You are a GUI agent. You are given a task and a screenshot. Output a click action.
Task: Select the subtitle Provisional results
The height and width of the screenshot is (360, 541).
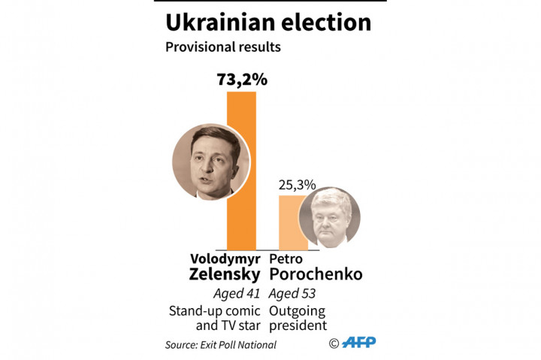222,47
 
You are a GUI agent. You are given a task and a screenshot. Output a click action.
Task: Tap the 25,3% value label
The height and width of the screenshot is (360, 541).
298,184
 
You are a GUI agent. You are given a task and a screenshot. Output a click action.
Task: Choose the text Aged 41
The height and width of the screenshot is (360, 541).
236,295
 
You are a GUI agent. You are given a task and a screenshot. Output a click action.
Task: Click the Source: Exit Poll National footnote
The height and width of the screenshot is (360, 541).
221,345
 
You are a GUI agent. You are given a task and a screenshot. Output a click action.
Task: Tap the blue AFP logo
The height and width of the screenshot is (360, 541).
359,343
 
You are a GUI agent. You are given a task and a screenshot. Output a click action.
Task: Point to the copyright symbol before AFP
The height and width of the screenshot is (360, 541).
334,343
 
